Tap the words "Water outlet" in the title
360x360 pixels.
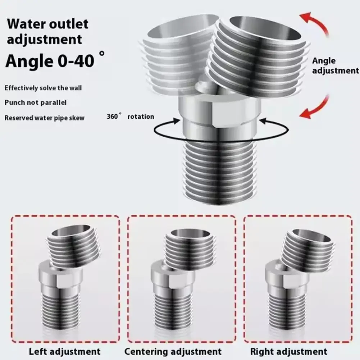pyautogui.click(x=48, y=24)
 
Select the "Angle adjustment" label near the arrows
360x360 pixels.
pyautogui.click(x=335, y=66)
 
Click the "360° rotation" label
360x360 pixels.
pyautogui.click(x=130, y=117)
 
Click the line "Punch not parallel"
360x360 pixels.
pyautogui.click(x=35, y=103)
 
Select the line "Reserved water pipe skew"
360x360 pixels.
pyautogui.click(x=44, y=118)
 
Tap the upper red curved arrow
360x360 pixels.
pyautogui.click(x=316, y=22)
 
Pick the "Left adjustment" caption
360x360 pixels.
pyautogui.click(x=64, y=351)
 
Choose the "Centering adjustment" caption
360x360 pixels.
pyautogui.click(x=173, y=351)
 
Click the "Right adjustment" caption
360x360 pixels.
pyautogui.click(x=289, y=351)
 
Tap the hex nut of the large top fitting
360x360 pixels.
pyautogui.click(x=219, y=108)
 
